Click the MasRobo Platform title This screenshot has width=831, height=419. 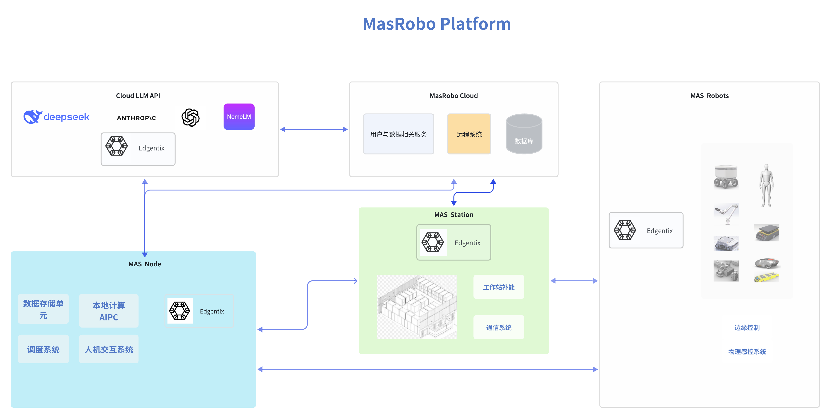(437, 24)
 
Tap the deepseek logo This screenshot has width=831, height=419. (56, 117)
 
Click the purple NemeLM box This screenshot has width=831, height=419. (239, 117)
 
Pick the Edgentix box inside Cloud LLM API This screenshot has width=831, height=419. (138, 149)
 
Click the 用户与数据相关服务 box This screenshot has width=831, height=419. (398, 134)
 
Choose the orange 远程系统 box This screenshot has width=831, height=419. (469, 134)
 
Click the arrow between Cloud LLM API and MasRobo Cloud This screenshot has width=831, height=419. (314, 130)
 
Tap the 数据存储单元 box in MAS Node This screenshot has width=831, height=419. (43, 309)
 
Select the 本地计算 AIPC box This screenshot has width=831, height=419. (109, 311)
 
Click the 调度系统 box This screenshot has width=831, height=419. (43, 349)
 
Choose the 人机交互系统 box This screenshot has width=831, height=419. (109, 349)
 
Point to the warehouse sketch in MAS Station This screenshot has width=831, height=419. (417, 307)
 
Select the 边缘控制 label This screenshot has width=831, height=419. (747, 327)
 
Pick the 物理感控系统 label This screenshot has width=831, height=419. (747, 352)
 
